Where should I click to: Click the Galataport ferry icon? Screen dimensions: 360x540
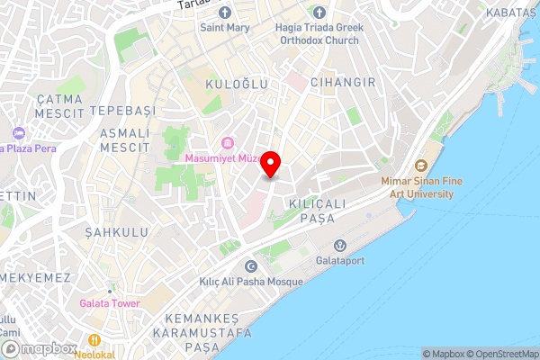click(340, 245)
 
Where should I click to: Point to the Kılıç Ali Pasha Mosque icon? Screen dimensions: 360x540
click(250, 265)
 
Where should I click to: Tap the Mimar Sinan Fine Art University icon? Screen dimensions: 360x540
click(420, 166)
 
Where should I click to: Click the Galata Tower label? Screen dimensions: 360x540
click(109, 303)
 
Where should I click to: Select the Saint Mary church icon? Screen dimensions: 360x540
click(225, 13)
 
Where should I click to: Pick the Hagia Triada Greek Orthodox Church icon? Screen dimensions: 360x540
click(319, 13)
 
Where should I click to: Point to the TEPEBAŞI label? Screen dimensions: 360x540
click(121, 112)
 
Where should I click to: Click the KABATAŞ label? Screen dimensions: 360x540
click(510, 13)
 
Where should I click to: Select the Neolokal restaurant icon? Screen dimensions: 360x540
click(94, 339)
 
